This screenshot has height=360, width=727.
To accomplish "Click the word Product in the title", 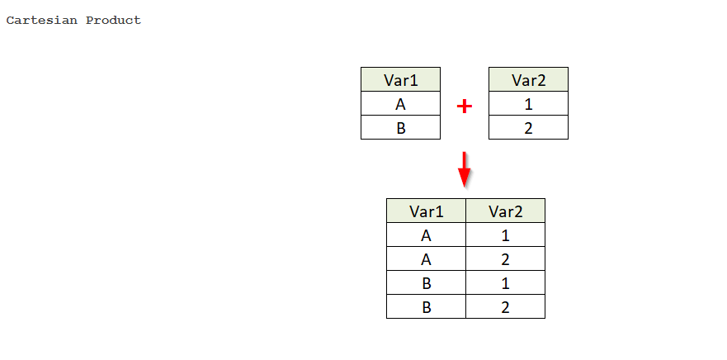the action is coord(113,21).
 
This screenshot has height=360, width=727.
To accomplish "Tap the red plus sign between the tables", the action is coord(464,107).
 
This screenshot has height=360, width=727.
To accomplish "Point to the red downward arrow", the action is coord(464,169).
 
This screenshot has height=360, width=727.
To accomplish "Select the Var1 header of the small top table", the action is coord(400,79).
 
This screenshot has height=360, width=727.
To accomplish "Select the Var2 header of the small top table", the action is coord(529,79).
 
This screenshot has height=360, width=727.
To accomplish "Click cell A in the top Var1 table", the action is coord(400,103).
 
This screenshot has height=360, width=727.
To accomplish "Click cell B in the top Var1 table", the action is coord(400,127).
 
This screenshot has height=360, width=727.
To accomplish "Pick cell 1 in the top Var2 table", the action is coord(529,103).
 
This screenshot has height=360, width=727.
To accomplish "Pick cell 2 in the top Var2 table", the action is coord(529,127).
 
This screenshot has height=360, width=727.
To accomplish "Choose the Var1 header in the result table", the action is coord(426,211).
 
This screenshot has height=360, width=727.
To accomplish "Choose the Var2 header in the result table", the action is coord(505,211).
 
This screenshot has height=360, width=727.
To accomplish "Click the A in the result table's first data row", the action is coord(426,234).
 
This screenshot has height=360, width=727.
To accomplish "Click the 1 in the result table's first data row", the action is coord(505,234).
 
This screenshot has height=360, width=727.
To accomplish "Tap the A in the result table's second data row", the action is coord(426,258).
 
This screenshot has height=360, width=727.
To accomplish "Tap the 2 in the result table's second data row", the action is coord(505,258).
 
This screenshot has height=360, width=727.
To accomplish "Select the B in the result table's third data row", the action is coord(426,282).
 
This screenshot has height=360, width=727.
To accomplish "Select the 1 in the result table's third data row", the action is coord(505,282).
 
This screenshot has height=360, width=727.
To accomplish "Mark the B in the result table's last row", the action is coord(426,306).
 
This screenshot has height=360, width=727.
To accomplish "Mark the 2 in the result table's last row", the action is coord(505,306).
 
